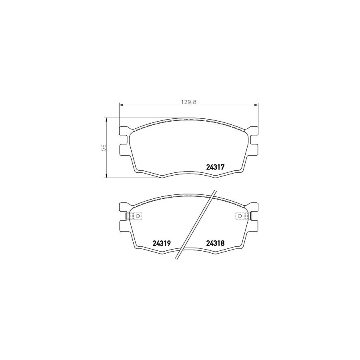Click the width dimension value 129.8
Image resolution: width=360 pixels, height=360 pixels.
[x=189, y=102]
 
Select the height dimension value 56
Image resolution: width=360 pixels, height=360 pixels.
[x=104, y=147]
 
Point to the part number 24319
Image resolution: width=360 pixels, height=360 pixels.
[x=162, y=243]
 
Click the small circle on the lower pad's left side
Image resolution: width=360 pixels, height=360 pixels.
[x=138, y=216]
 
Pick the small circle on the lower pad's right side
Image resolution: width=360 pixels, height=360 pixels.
[x=240, y=216]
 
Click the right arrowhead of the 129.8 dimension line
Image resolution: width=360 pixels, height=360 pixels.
[x=256, y=105]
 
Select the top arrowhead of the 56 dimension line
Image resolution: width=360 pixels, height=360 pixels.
[x=106, y=120]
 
